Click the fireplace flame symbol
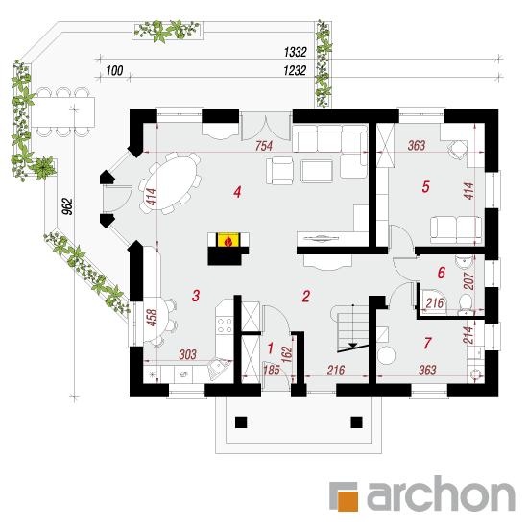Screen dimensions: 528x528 228,241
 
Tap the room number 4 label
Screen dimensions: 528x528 237,192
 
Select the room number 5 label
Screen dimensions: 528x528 426,186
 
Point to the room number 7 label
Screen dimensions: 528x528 427,343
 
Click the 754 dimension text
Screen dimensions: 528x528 264,146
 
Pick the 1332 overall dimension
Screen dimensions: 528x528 296,52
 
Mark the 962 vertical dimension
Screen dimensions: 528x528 67,206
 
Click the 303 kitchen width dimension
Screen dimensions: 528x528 187,354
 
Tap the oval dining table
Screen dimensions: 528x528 171,183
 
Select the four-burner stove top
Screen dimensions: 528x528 225,324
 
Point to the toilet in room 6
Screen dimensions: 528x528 466,302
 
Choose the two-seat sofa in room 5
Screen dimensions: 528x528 456,229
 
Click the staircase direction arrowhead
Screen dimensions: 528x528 353,346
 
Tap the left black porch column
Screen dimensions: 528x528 241,422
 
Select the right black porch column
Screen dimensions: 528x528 356,422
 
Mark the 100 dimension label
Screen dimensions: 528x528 114,71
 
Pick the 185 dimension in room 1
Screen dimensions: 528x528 272,370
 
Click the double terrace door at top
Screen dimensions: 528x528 266,128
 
